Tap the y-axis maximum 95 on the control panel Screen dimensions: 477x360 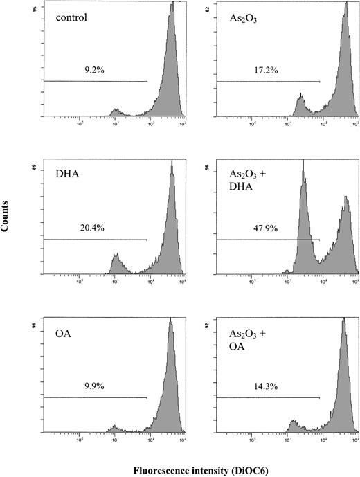tap(37, 10)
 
